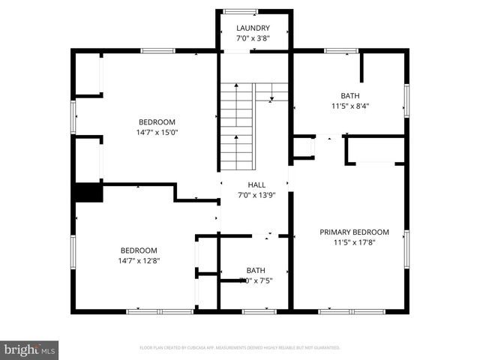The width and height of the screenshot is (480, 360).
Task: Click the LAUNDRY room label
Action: pos(253,28)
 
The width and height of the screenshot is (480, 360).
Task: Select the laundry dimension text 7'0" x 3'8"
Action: pos(253,38)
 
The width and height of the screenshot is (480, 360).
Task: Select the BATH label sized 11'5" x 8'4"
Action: pos(350,96)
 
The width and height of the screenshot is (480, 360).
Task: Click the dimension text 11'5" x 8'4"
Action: pos(350,106)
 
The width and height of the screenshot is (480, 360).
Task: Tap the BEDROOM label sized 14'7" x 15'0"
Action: pos(157,122)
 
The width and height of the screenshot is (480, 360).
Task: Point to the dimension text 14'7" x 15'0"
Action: pos(157,132)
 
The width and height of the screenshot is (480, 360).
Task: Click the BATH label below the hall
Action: pos(256,271)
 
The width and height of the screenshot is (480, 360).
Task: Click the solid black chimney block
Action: pos(88,193)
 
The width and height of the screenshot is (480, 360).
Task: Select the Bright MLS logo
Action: pos(30,349)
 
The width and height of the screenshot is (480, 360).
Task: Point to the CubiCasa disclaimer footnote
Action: pos(240,348)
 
